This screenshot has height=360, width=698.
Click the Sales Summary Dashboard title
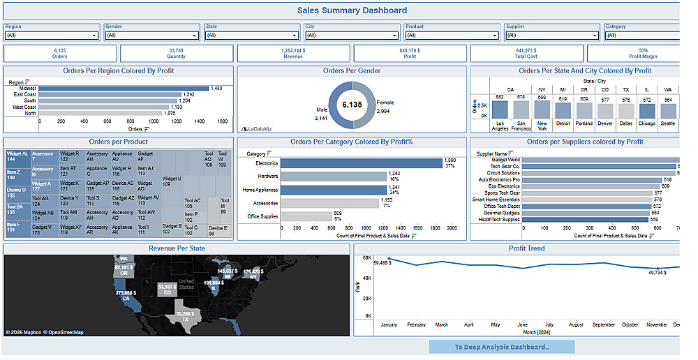coord(352,10)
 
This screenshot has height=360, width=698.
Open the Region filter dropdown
coord(52,35)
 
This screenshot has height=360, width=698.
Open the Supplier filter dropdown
coord(551,35)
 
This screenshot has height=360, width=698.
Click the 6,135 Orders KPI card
coord(60,53)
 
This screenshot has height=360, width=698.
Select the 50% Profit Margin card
coord(643,53)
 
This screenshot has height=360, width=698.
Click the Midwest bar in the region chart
coord(124,89)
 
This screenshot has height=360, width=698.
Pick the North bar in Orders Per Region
coord(101,113)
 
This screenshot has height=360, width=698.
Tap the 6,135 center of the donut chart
coord(352,105)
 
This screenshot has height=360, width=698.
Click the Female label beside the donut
coord(385,102)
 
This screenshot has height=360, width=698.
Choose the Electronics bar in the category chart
coord(362,163)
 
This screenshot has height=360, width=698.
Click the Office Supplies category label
coord(263,216)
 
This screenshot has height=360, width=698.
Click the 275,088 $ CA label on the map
coord(125,294)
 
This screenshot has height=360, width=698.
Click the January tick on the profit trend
coord(388,324)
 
